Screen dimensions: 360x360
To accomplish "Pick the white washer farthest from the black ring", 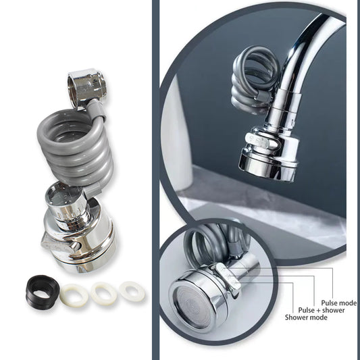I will (132, 291).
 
